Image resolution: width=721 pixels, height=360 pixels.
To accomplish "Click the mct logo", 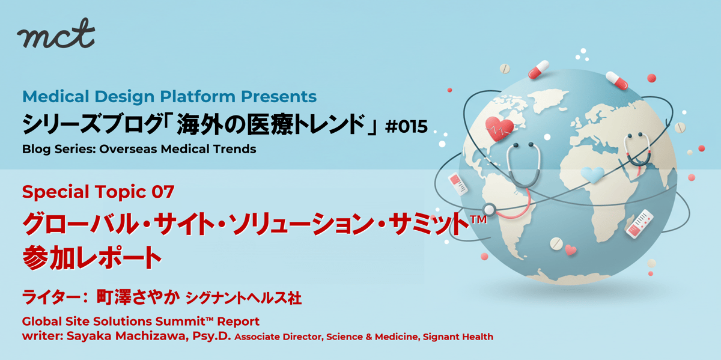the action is [56, 34].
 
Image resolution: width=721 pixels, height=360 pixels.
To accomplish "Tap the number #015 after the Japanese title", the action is [407, 126].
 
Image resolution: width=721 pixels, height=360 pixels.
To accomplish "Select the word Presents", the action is [279, 96].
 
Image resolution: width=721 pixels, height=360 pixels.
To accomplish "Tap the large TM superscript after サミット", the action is [478, 219].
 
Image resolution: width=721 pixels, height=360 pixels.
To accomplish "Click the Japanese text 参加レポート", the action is [92, 257].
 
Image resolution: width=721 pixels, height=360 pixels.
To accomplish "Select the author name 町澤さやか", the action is [138, 297].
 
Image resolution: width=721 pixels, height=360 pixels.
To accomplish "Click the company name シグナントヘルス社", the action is [244, 298].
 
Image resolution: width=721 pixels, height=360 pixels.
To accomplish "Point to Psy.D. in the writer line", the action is [211, 336].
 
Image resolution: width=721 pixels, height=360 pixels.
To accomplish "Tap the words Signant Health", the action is [458, 337].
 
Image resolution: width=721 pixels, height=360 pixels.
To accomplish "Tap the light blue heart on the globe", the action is [593, 175].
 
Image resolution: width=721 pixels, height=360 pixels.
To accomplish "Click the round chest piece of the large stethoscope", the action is [489, 210].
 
